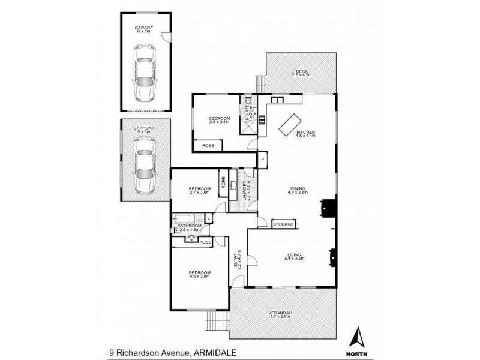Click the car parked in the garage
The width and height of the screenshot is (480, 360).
pyautogui.click(x=144, y=73)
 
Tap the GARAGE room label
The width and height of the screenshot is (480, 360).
pyautogui.click(x=144, y=27)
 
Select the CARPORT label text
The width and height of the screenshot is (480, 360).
pyautogui.click(x=143, y=128)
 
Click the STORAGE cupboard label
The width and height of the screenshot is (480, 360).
pyautogui.click(x=283, y=224)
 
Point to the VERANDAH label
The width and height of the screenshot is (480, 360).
pyautogui.click(x=280, y=313)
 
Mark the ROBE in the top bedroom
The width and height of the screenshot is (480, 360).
pyautogui.click(x=208, y=145)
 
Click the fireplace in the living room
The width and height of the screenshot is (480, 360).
pyautogui.click(x=331, y=257)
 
